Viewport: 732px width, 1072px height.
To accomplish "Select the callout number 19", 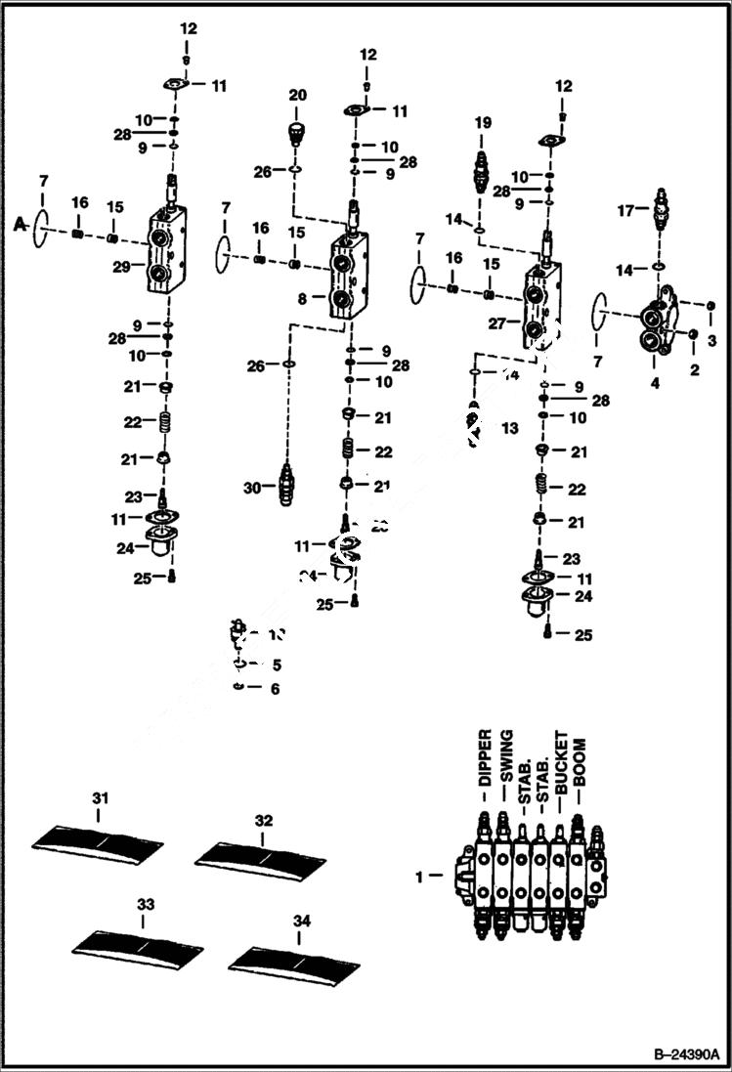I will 483,123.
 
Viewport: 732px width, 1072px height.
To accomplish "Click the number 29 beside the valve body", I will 121,266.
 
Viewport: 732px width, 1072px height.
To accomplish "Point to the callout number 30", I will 252,486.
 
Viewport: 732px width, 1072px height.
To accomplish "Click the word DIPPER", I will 484,758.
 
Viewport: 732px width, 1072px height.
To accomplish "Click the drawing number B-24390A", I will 685,1055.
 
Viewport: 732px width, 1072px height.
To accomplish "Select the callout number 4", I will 655,384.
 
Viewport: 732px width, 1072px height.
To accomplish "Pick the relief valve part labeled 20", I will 297,132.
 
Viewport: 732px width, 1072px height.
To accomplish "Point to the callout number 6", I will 275,689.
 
